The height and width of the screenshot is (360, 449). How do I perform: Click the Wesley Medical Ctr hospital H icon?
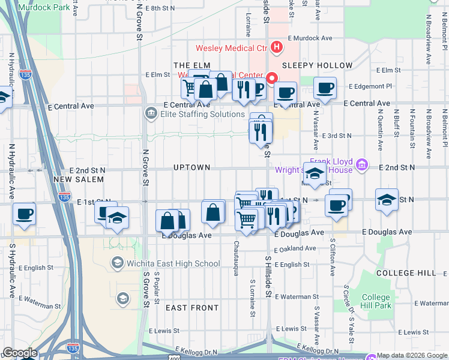coord(277,47)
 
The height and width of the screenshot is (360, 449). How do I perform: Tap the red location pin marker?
coord(271,79)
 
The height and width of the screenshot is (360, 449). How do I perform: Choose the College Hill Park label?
coord(376,301)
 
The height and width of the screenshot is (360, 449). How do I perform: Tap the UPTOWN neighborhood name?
coord(192,167)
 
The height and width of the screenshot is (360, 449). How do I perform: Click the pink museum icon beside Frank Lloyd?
coord(361,164)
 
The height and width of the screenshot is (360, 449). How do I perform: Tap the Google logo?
coord(19,353)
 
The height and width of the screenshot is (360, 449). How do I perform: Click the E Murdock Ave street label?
coord(310,38)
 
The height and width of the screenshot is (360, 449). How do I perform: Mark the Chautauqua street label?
coord(237,259)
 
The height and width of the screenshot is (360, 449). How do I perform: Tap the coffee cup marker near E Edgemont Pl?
coord(326,89)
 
